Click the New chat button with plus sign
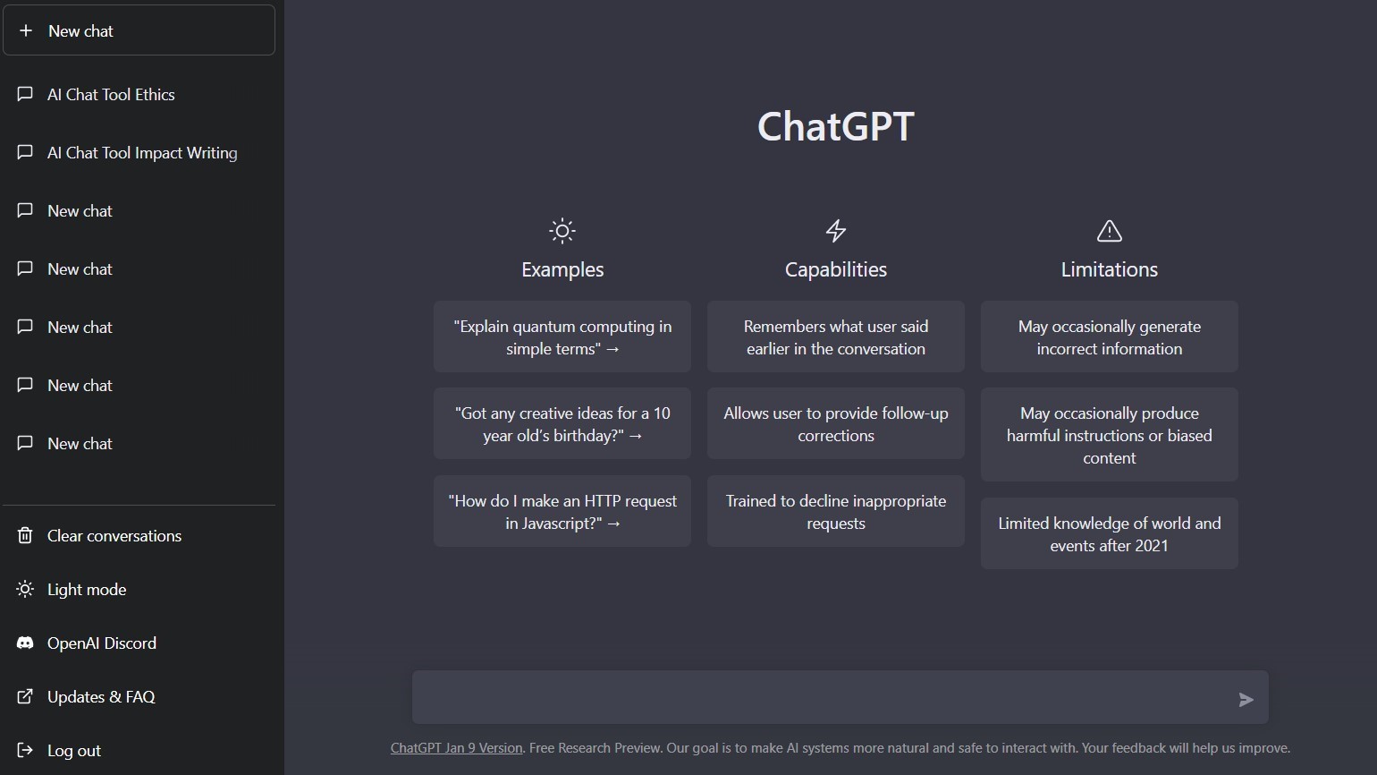[139, 30]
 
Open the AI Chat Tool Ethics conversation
[111, 95]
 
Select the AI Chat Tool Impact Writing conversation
[141, 153]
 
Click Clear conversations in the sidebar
[114, 536]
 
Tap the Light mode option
[86, 590]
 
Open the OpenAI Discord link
[101, 643]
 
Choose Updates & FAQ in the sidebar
[100, 697]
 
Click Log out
[73, 751]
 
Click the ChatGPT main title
[835, 126]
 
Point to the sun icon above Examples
[562, 231]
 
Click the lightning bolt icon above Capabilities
[835, 231]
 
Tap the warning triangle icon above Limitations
[1109, 231]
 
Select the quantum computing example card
[562, 337]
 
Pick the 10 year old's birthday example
[562, 424]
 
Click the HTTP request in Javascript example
[562, 512]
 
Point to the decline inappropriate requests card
[835, 512]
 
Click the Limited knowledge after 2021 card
[1109, 534]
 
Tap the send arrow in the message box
[1246, 700]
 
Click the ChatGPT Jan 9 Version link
[456, 748]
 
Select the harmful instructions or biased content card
[1109, 435]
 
